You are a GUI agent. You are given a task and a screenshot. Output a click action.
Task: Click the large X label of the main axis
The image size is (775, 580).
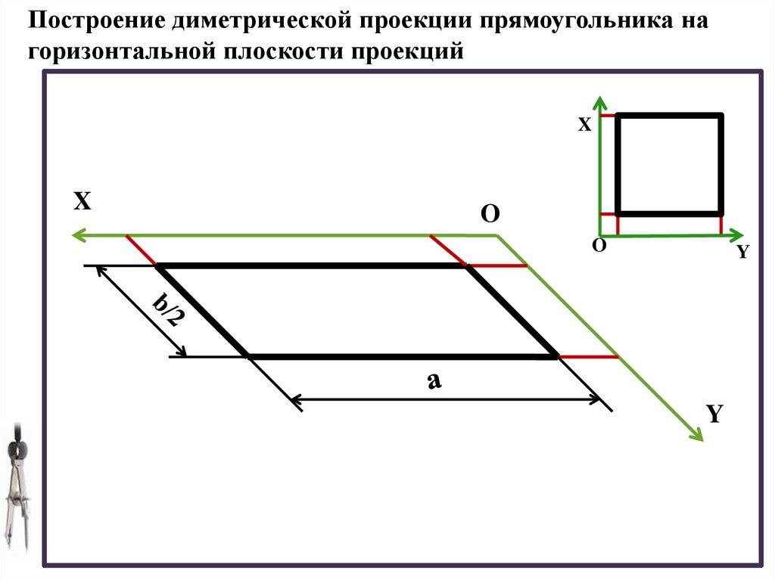[82, 201]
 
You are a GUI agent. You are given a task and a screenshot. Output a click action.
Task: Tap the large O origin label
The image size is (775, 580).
[490, 215]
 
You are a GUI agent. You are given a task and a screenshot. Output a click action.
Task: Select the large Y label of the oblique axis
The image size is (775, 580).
[715, 414]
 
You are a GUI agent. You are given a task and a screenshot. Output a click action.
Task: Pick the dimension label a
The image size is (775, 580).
[434, 382]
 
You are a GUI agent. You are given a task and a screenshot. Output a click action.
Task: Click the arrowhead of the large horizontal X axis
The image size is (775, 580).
[76, 236]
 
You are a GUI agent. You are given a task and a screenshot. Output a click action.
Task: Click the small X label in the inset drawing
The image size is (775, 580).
[584, 126]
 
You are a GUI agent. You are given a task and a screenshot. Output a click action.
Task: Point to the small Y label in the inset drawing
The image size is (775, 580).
[742, 253]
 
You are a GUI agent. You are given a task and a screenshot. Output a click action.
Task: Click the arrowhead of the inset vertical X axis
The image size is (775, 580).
[600, 101]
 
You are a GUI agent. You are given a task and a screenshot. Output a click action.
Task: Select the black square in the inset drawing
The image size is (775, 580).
[670, 164]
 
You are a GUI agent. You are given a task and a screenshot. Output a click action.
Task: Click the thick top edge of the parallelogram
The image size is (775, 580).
[310, 266]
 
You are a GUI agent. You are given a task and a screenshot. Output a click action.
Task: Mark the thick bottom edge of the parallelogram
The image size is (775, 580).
[401, 356]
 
